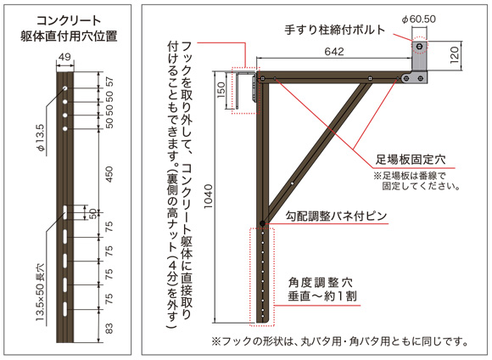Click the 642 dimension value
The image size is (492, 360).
(x=334, y=52)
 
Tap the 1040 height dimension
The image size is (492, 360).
(x=208, y=196)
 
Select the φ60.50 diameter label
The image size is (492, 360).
(x=419, y=20)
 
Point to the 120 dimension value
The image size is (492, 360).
(x=455, y=55)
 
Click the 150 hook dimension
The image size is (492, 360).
(x=221, y=89)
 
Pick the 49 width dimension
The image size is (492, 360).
(x=64, y=57)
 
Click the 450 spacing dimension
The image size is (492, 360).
(x=109, y=174)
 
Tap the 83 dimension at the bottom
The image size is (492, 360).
(x=109, y=329)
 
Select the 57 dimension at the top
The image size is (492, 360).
(x=109, y=82)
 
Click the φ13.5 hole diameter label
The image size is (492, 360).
(x=41, y=138)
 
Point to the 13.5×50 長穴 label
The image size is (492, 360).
(x=40, y=292)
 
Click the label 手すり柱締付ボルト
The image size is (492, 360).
(x=335, y=30)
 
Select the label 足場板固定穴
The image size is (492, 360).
(x=411, y=160)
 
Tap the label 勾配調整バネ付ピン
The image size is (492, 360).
(x=336, y=217)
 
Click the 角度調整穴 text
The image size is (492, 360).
(x=321, y=283)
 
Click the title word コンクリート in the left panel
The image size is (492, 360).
(x=69, y=21)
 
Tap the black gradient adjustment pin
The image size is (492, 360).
(x=262, y=223)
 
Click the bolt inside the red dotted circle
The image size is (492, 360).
(x=419, y=47)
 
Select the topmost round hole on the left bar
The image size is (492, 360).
(x=65, y=88)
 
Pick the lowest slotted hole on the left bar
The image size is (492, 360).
(x=65, y=309)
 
